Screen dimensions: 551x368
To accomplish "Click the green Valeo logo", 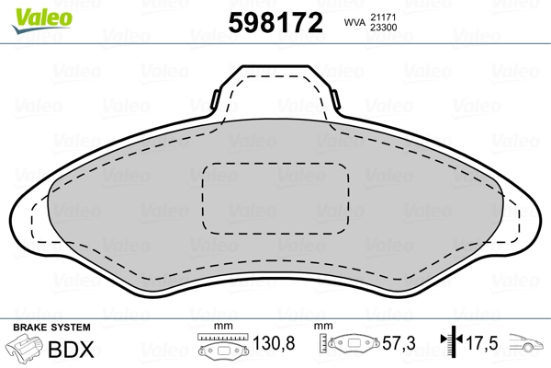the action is pyautogui.click(x=42, y=20).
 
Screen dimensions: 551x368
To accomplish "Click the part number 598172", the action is pyautogui.click(x=275, y=22).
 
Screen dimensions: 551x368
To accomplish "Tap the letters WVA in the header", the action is pyautogui.click(x=354, y=22).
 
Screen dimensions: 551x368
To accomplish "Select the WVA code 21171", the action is pyautogui.click(x=383, y=17).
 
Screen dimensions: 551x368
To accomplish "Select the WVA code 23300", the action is pyautogui.click(x=384, y=28).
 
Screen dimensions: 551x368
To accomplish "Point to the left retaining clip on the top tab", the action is pyautogui.click(x=215, y=99).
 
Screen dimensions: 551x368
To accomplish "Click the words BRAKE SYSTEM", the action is pyautogui.click(x=51, y=328).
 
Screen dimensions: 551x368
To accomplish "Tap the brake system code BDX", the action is pyautogui.click(x=71, y=350).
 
